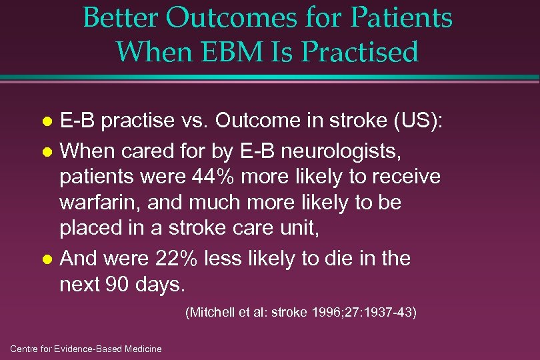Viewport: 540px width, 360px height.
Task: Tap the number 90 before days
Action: pos(115,285)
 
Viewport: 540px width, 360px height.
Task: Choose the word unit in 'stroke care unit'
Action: pos(301,229)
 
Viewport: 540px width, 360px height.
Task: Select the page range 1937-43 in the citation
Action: pos(389,312)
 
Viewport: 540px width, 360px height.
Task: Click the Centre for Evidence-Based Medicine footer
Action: pos(86,349)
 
